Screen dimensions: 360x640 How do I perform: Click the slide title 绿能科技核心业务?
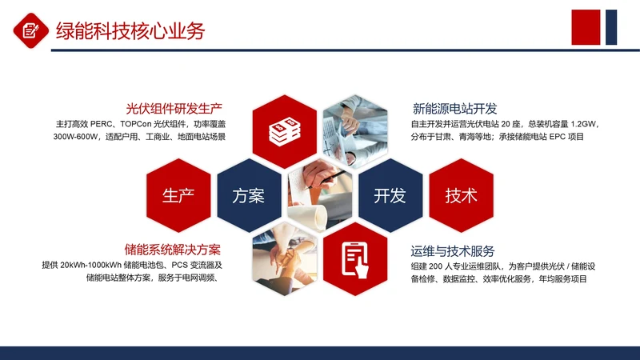pos(130,31)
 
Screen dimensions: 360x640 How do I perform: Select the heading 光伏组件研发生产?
pos(174,108)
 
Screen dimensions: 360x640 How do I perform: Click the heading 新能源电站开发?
pos(455,108)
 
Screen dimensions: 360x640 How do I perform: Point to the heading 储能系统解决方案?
pos(173,250)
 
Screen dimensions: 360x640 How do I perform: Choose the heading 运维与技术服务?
pos(453,250)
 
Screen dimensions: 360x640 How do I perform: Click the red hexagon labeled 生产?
pos(178,196)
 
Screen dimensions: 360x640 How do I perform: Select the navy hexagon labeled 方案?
pos(248,196)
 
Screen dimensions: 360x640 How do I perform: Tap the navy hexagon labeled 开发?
pos(390,196)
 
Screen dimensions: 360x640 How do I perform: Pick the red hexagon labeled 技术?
pos(461,196)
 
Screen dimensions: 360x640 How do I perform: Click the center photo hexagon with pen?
pos(319,194)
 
